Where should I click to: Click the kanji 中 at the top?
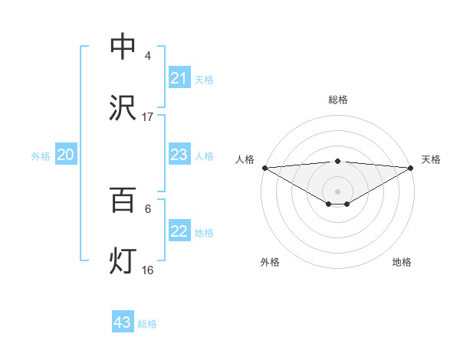click(123, 47)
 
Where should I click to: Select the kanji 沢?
click(123, 108)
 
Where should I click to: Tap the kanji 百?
click(123, 201)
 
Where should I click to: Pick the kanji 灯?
click(123, 262)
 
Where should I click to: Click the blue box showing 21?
click(179, 78)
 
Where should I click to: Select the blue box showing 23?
click(179, 155)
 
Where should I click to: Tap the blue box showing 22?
click(179, 231)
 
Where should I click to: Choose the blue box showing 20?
click(66, 155)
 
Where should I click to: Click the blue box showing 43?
click(123, 322)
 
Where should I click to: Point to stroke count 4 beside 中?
click(148, 56)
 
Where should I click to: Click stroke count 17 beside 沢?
click(148, 117)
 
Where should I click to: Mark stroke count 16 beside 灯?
click(148, 270)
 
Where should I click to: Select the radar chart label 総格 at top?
click(337, 100)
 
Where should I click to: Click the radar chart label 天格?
click(431, 159)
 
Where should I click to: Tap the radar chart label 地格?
click(402, 262)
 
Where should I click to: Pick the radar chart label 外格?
click(270, 262)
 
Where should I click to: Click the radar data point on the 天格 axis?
click(412, 167)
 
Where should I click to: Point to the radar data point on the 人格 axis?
click(264, 167)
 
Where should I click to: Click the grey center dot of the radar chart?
click(337, 191)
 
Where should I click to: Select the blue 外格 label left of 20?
click(41, 155)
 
